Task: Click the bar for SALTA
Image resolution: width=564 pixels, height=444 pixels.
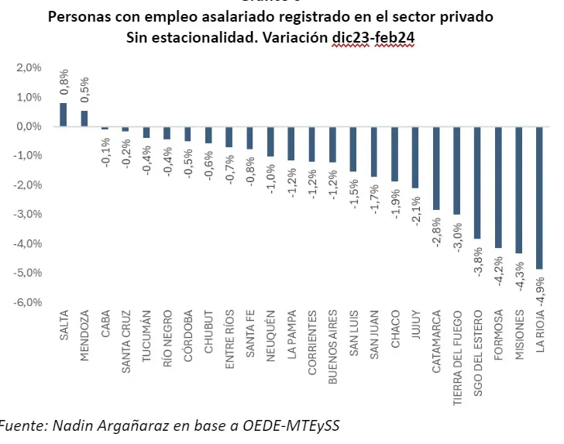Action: pyautogui.click(x=63, y=115)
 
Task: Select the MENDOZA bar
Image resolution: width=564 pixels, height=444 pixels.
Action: pyautogui.click(x=84, y=119)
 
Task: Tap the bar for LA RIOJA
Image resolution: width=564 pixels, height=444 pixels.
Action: pyautogui.click(x=539, y=198)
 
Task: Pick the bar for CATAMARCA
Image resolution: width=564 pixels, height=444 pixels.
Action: pyautogui.click(x=436, y=168)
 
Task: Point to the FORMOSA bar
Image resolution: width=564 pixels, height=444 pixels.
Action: pyautogui.click(x=498, y=188)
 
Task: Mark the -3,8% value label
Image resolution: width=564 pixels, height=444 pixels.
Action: pyautogui.click(x=477, y=262)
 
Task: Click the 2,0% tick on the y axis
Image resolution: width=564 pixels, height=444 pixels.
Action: pyautogui.click(x=28, y=68)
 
